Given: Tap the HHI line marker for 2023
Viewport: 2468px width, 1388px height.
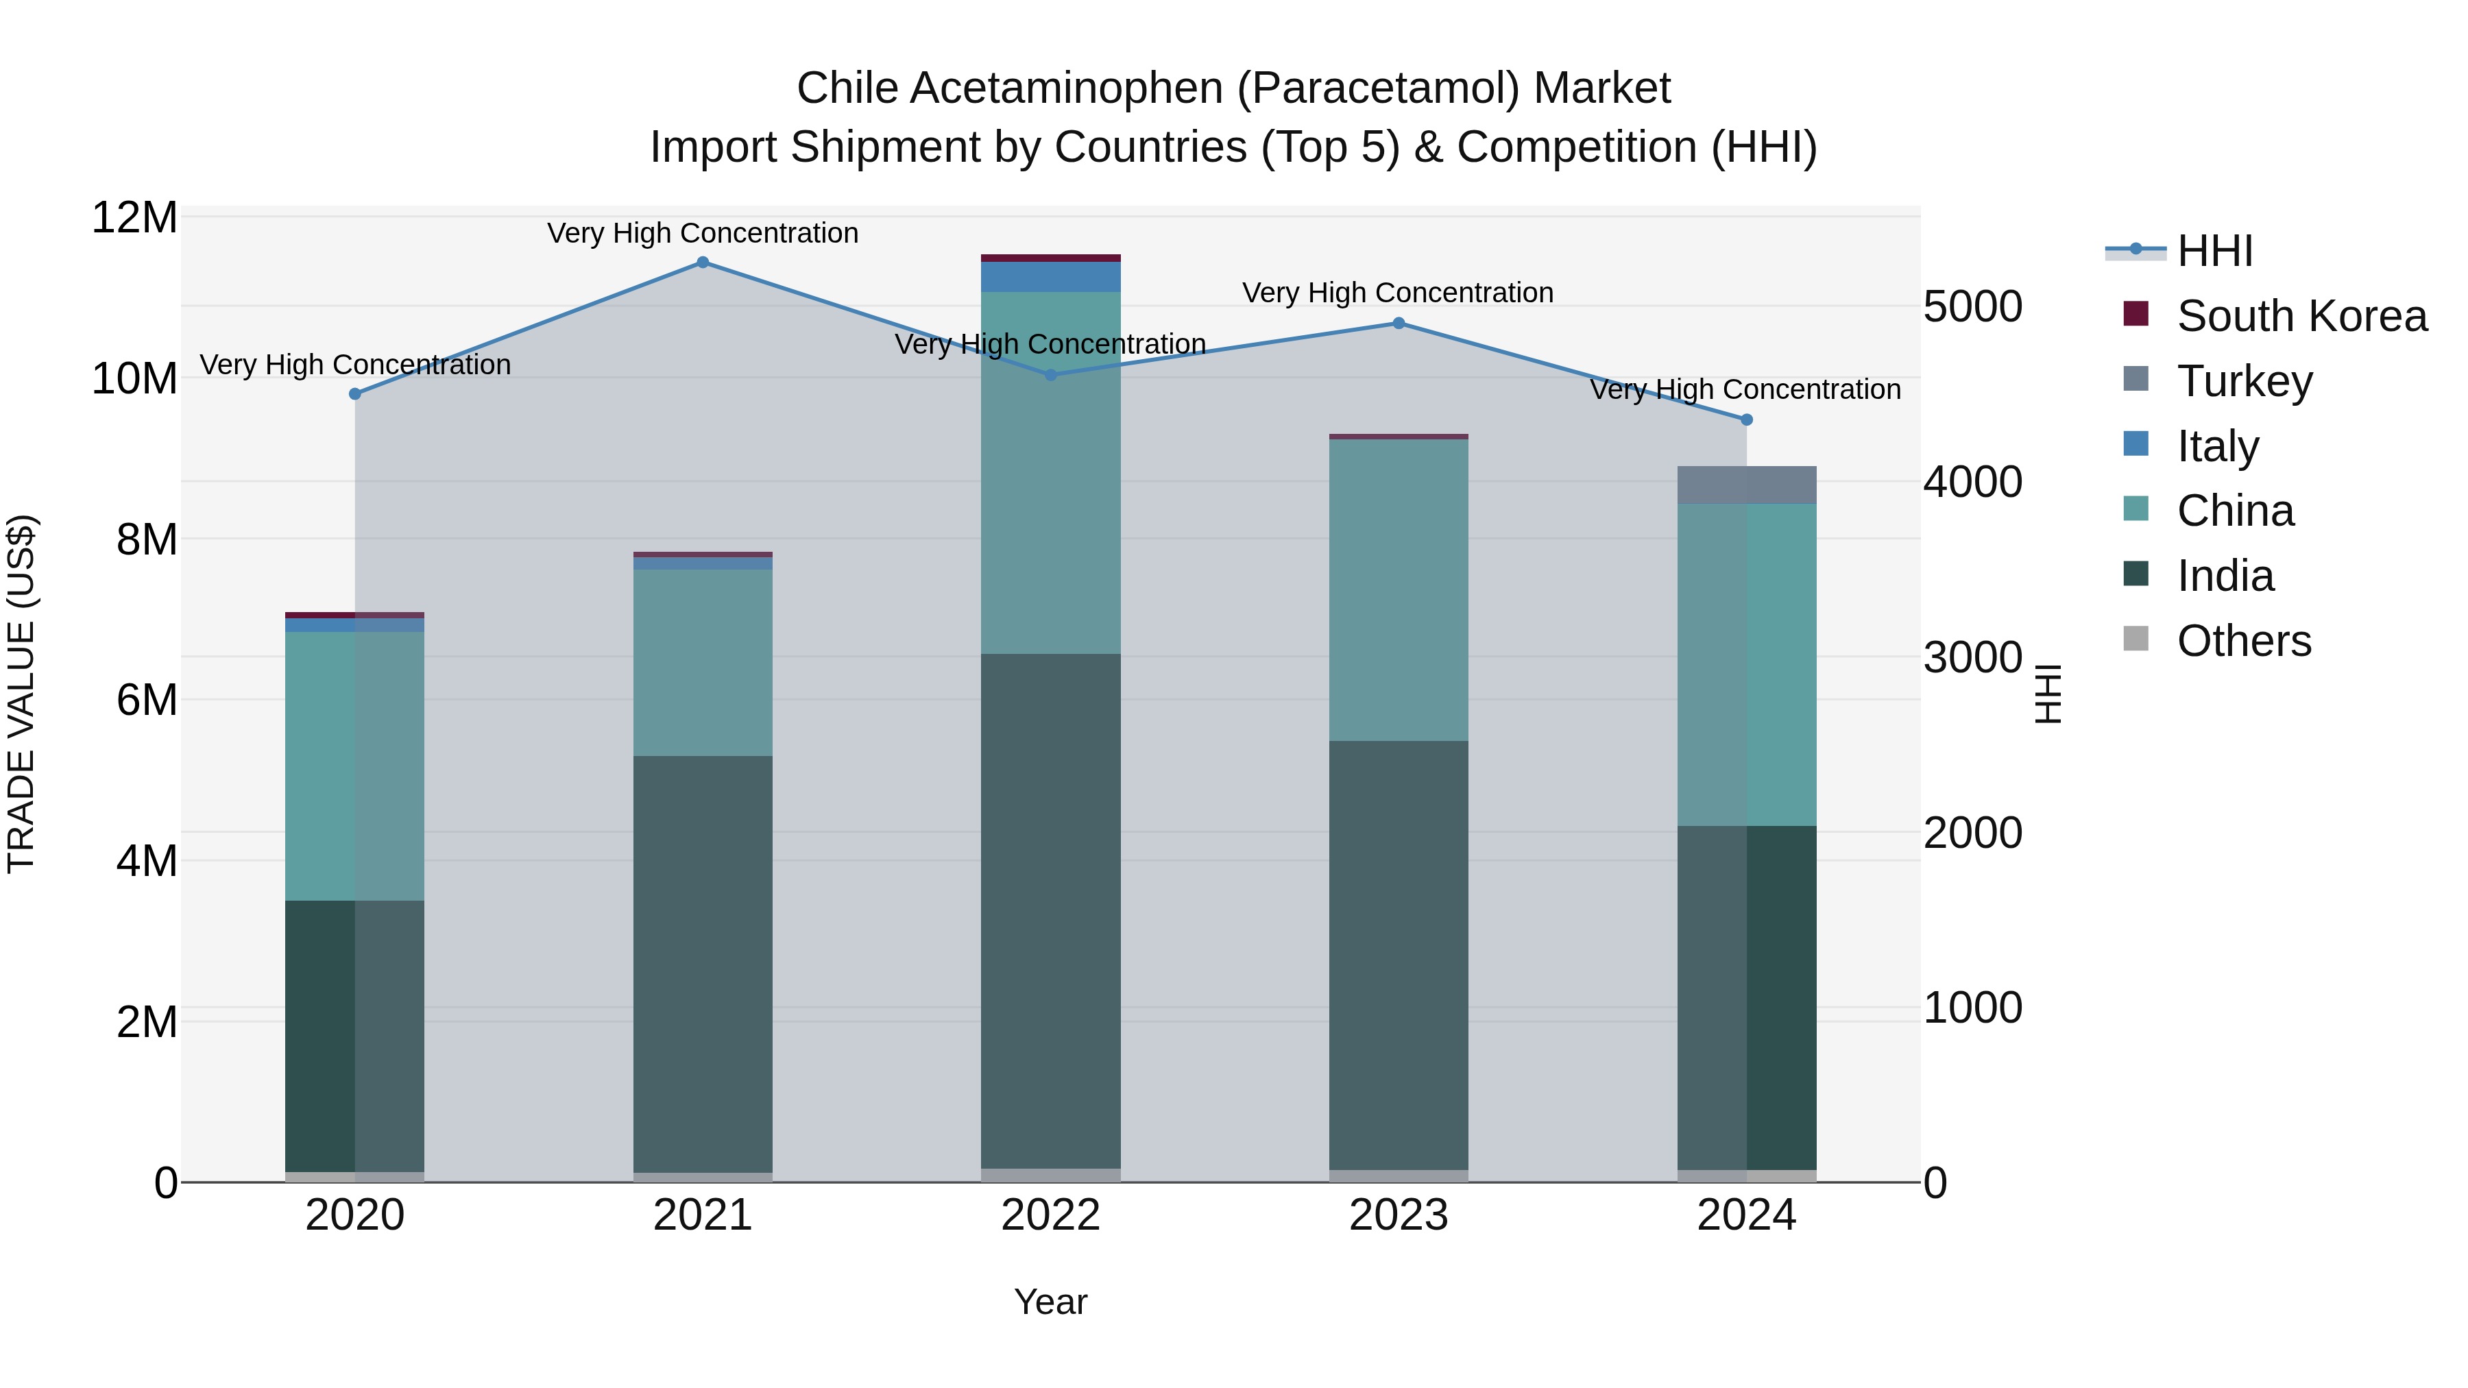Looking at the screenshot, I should tap(1398, 324).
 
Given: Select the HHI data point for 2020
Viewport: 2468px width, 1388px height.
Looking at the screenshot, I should tap(355, 393).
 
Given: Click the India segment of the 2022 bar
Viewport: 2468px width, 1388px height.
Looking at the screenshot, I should tap(1050, 910).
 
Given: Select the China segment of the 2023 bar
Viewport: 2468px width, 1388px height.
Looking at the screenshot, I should tap(1398, 589).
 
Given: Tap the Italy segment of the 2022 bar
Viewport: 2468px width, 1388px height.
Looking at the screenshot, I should tap(1050, 277).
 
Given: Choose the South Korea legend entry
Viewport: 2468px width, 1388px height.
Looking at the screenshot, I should tap(2301, 316).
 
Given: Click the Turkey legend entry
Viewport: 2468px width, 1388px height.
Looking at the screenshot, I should tap(2244, 381).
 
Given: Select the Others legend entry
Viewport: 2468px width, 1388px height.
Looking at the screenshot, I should tap(2244, 641).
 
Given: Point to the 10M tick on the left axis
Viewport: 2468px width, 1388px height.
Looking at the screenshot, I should tap(134, 378).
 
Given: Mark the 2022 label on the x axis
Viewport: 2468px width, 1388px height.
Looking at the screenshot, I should tap(1050, 1215).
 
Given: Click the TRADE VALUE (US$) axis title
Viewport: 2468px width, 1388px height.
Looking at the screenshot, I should tap(21, 694).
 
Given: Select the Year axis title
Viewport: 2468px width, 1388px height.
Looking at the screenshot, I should tap(1050, 1302).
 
